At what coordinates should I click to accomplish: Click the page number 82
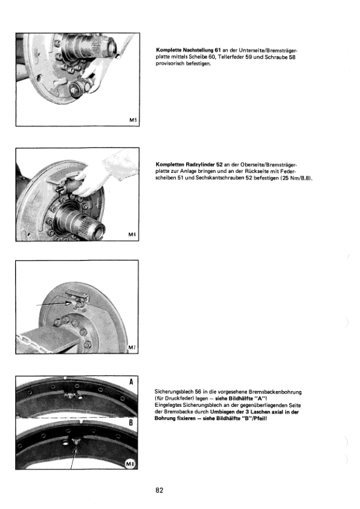(159, 490)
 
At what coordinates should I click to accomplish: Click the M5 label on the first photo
(133, 120)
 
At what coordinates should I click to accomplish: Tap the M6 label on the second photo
(133, 233)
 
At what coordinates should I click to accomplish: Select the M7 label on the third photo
(133, 348)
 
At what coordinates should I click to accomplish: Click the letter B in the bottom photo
(132, 423)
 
